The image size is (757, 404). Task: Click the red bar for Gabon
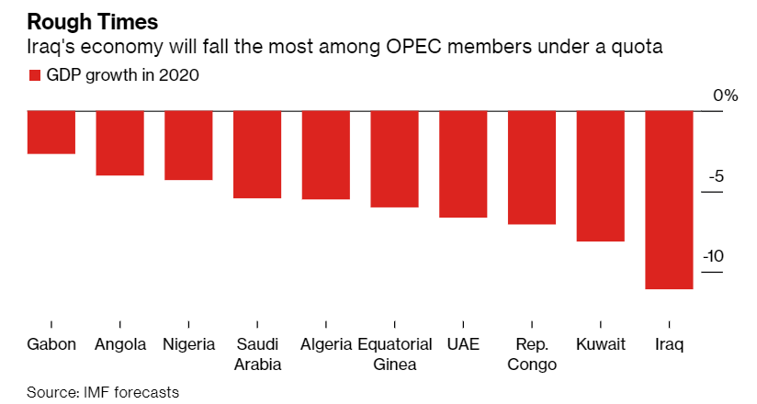pos(51,132)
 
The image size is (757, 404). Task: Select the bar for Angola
pos(120,143)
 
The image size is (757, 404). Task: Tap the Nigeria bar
pos(188,145)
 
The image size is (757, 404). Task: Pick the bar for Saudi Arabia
pos(257,154)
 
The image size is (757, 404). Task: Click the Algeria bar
pos(326,155)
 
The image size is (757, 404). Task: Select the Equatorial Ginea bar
pos(394,159)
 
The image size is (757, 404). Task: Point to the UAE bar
pos(463,164)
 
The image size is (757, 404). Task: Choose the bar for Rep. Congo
pos(532,167)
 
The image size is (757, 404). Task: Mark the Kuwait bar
pos(601,176)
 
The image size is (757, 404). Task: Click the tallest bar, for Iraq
pos(669,200)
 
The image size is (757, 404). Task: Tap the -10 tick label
pos(714,256)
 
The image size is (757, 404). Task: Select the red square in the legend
pos(35,76)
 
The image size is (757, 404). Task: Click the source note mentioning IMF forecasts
pos(103,392)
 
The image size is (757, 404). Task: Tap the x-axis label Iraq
pos(669,345)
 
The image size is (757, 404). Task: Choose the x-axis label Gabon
pos(51,345)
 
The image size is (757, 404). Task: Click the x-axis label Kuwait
pos(601,345)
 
